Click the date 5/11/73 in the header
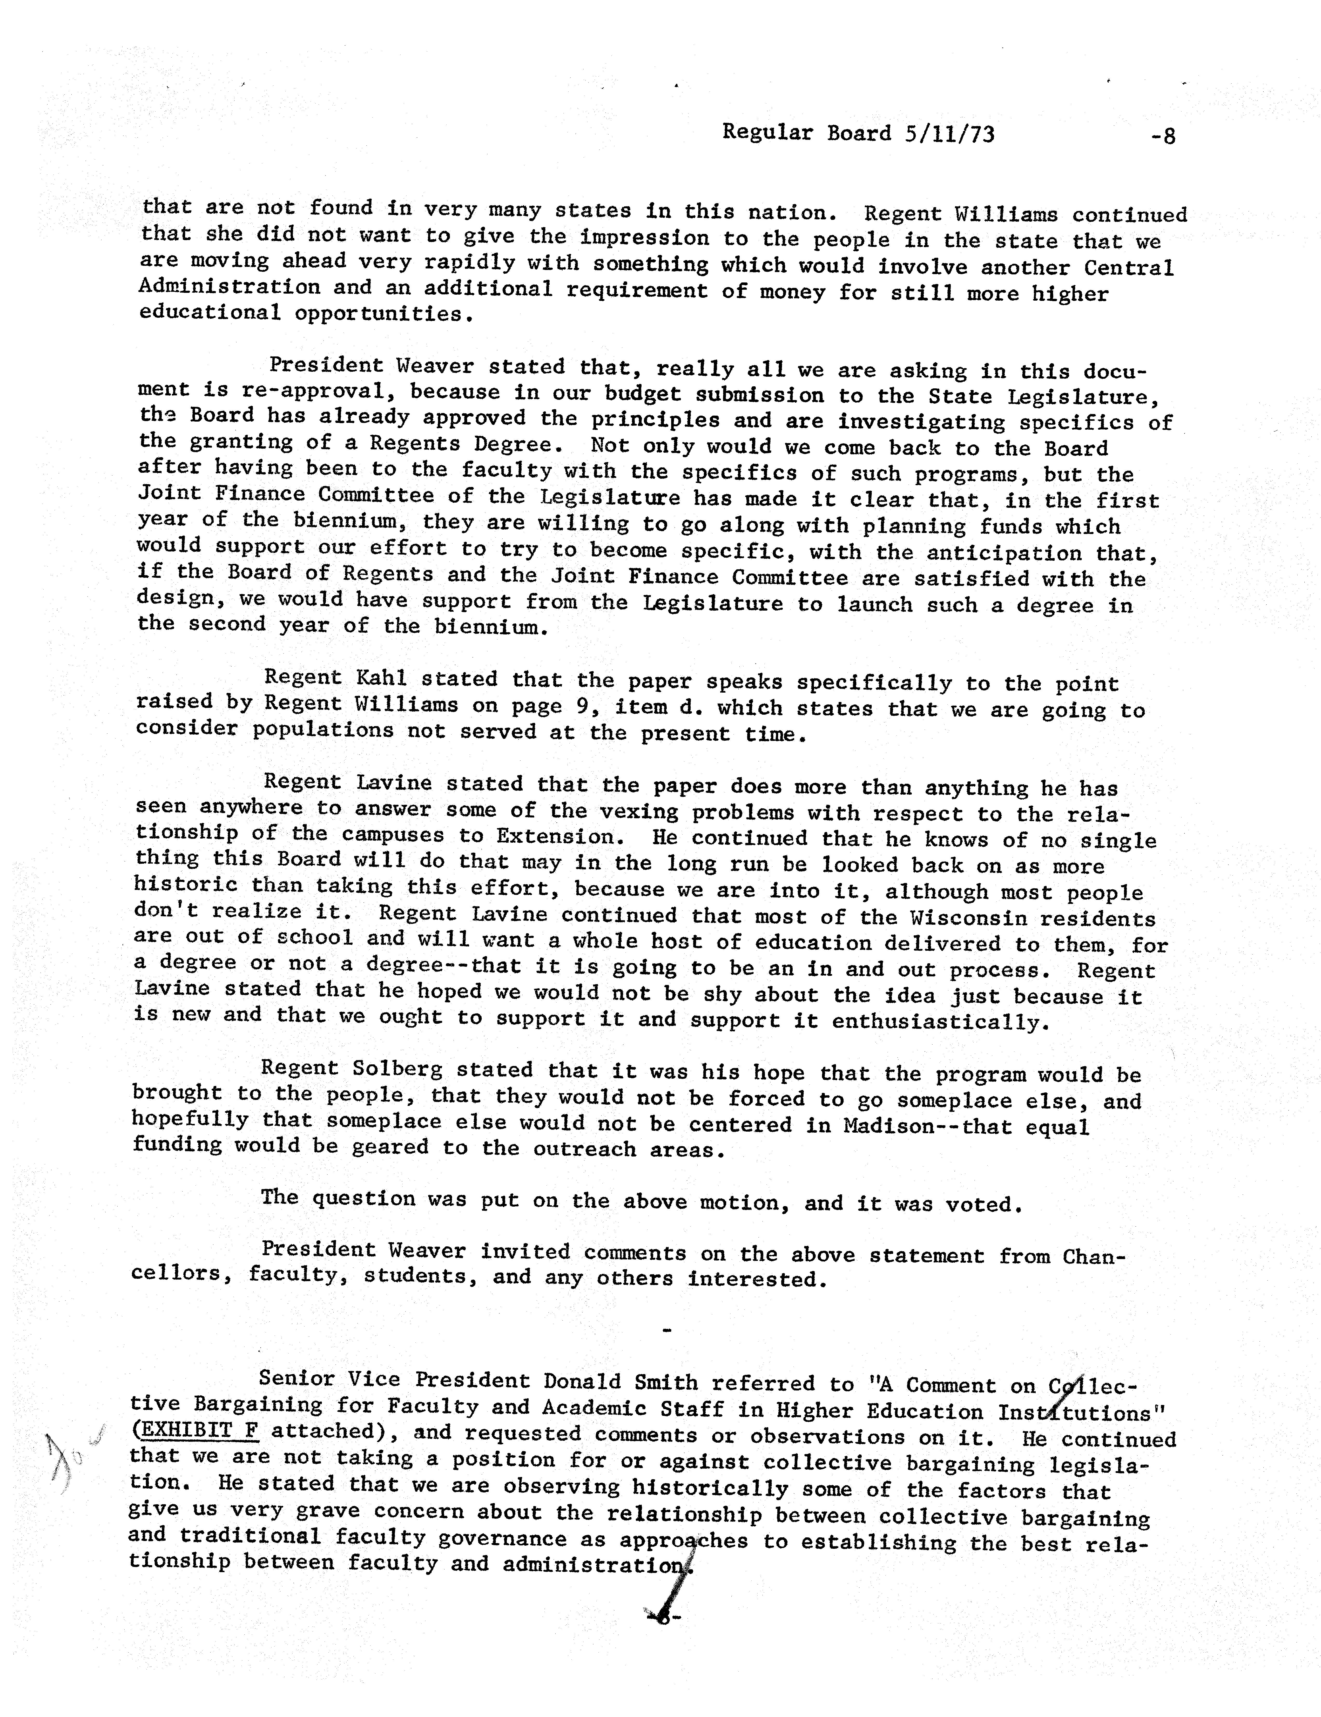coord(949,134)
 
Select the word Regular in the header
coord(767,133)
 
